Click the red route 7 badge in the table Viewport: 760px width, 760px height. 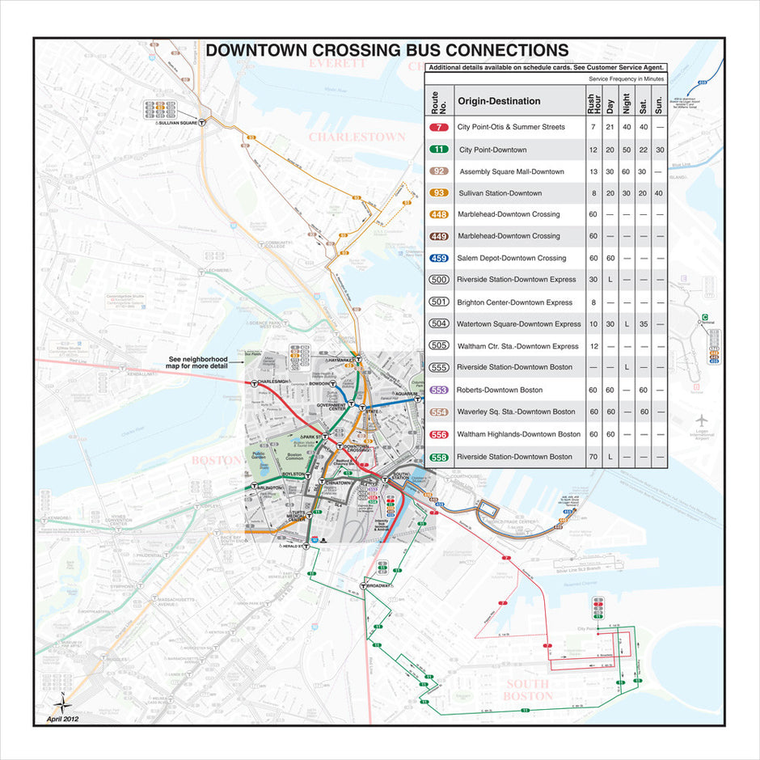[439, 127]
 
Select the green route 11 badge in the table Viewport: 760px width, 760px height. [439, 150]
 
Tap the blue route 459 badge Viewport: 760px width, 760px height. [439, 258]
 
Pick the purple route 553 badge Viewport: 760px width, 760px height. [439, 390]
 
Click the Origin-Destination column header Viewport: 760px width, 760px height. [499, 101]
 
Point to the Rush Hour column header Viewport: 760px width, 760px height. [593, 101]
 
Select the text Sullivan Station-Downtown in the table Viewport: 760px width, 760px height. [499, 193]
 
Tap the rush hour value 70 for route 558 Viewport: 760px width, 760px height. [593, 457]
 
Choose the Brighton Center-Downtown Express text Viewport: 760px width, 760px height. [514, 302]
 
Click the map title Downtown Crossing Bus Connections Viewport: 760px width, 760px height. [386, 50]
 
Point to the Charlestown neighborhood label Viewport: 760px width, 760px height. [357, 137]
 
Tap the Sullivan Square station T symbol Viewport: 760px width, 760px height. [203, 123]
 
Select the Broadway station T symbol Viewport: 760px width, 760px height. [365, 585]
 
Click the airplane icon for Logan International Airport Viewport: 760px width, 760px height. [701, 420]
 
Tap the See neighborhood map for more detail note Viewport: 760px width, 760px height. [199, 362]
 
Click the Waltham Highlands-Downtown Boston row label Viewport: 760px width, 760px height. [518, 434]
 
